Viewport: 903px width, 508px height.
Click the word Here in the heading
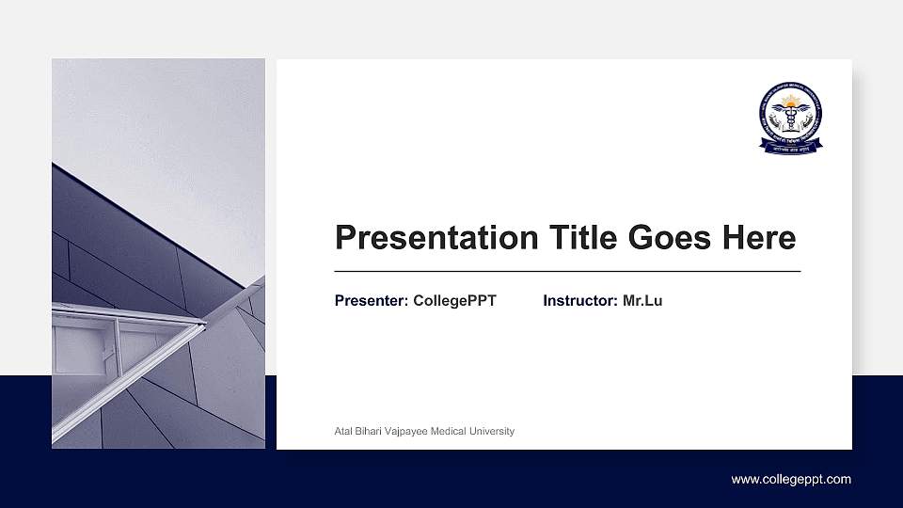pyautogui.click(x=759, y=238)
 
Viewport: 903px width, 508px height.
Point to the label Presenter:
pyautogui.click(x=372, y=301)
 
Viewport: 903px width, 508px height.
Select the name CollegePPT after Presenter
pyautogui.click(x=454, y=301)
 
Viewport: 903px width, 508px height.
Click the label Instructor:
pyautogui.click(x=580, y=301)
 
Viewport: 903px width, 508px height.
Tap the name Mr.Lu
pyautogui.click(x=642, y=301)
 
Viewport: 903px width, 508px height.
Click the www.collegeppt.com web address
pyautogui.click(x=791, y=480)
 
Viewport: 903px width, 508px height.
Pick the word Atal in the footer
pyautogui.click(x=343, y=432)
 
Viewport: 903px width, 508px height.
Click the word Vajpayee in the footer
pyautogui.click(x=406, y=432)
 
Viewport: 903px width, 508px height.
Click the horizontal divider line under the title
pyautogui.click(x=567, y=271)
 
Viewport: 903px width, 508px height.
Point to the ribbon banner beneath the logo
pyautogui.click(x=790, y=148)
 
